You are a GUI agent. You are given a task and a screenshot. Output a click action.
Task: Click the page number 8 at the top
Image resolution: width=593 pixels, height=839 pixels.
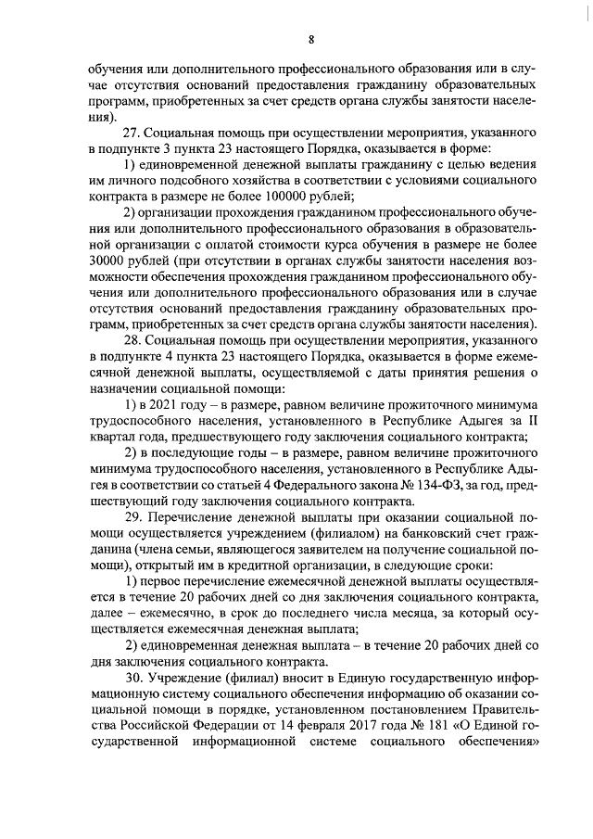point(311,38)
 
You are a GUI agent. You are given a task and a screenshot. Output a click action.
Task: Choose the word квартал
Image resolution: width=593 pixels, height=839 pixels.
point(115,439)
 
